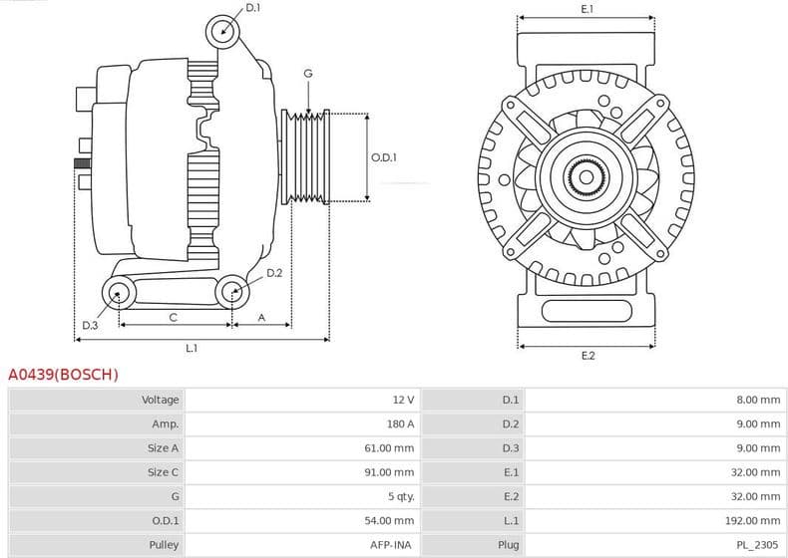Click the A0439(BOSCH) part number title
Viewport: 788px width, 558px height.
[x=63, y=375]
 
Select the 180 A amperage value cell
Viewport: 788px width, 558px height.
[x=402, y=423]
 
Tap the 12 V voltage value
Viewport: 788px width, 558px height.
[x=403, y=400]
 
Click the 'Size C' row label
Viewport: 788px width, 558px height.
[x=164, y=472]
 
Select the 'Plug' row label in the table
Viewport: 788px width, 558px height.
[x=508, y=545]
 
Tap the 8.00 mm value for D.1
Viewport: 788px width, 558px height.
[x=759, y=400]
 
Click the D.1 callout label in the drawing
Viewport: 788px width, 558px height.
[x=252, y=8]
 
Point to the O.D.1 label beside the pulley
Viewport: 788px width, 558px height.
[x=384, y=157]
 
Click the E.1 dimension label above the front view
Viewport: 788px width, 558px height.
[x=588, y=9]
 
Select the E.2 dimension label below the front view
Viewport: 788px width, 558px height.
[x=588, y=356]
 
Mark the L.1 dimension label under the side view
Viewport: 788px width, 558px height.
[x=192, y=348]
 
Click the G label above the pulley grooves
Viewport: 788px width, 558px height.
[x=308, y=74]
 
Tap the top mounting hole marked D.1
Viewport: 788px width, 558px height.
[x=223, y=32]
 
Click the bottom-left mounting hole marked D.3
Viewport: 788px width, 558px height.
[x=120, y=292]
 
